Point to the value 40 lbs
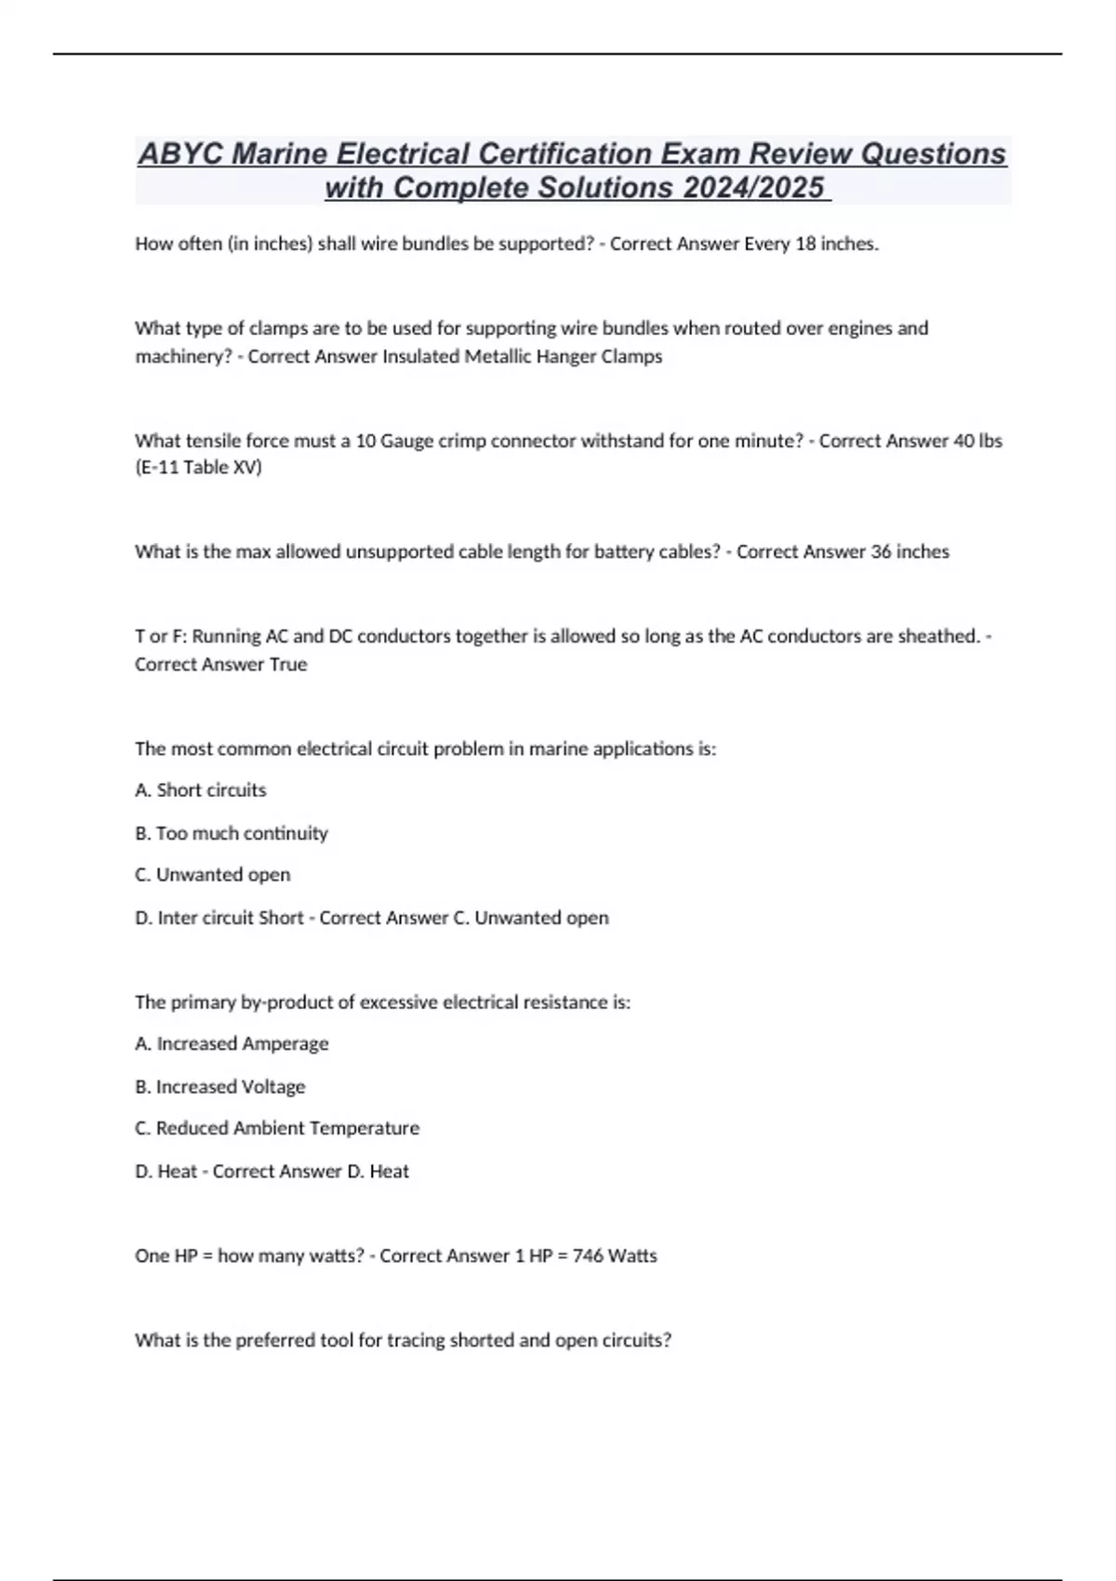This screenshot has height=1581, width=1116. pyautogui.click(x=977, y=441)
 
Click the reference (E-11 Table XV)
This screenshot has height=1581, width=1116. pyautogui.click(x=198, y=467)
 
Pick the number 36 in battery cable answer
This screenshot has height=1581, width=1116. pyautogui.click(x=880, y=551)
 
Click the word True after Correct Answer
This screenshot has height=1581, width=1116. pyautogui.click(x=287, y=664)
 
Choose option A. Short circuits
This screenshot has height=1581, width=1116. pyautogui.click(x=201, y=790)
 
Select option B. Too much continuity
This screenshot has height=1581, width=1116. pyautogui.click(x=232, y=833)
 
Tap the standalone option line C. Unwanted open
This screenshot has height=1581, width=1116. pyautogui.click(x=213, y=874)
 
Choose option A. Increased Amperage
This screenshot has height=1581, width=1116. pyautogui.click(x=232, y=1043)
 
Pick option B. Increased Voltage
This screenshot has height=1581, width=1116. pyautogui.click(x=220, y=1086)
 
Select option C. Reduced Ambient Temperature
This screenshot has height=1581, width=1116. pyautogui.click(x=277, y=1128)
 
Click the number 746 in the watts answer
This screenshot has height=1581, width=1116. pyautogui.click(x=588, y=1255)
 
